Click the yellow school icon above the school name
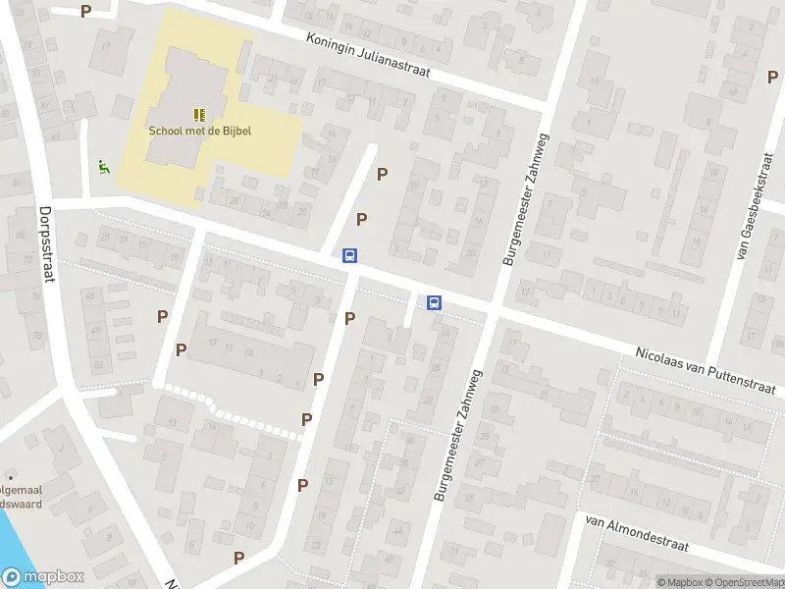199,115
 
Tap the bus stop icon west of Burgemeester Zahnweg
349,255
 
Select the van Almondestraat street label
637,534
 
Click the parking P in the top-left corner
86,12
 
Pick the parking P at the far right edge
772,76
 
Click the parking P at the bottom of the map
238,558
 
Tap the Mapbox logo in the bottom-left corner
44,577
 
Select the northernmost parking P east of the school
383,174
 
